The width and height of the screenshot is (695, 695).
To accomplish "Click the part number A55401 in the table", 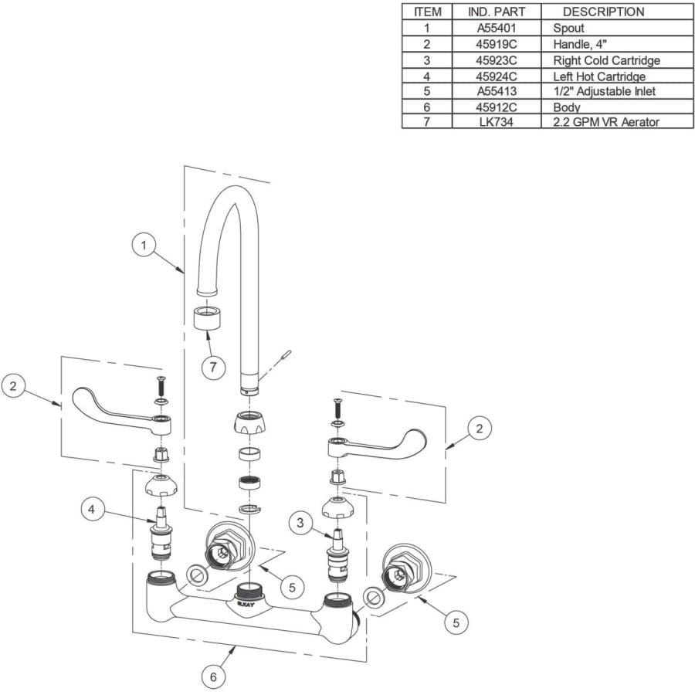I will tap(497, 28).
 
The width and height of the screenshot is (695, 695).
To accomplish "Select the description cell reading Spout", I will tap(568, 28).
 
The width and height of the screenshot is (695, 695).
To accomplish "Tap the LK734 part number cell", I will tap(497, 122).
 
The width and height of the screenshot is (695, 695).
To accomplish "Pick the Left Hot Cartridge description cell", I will tap(598, 76).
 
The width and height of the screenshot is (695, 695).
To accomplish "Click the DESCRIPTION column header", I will tap(603, 12).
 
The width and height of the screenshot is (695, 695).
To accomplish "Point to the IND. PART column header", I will tap(497, 12).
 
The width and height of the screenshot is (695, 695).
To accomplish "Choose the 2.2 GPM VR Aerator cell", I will tap(606, 122).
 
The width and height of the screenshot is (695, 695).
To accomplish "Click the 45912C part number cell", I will tap(497, 107).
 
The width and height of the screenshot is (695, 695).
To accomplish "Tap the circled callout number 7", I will tap(214, 367).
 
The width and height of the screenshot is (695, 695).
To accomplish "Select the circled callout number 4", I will tap(91, 509).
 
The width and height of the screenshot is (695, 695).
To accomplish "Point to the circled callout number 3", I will tap(301, 523).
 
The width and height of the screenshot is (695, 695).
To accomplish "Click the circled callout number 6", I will tap(214, 677).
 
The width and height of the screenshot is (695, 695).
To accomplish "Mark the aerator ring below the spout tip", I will tap(206, 317).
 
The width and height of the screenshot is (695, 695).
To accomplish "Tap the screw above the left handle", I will tap(161, 383).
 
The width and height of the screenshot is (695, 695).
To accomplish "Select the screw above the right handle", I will tap(337, 406).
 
